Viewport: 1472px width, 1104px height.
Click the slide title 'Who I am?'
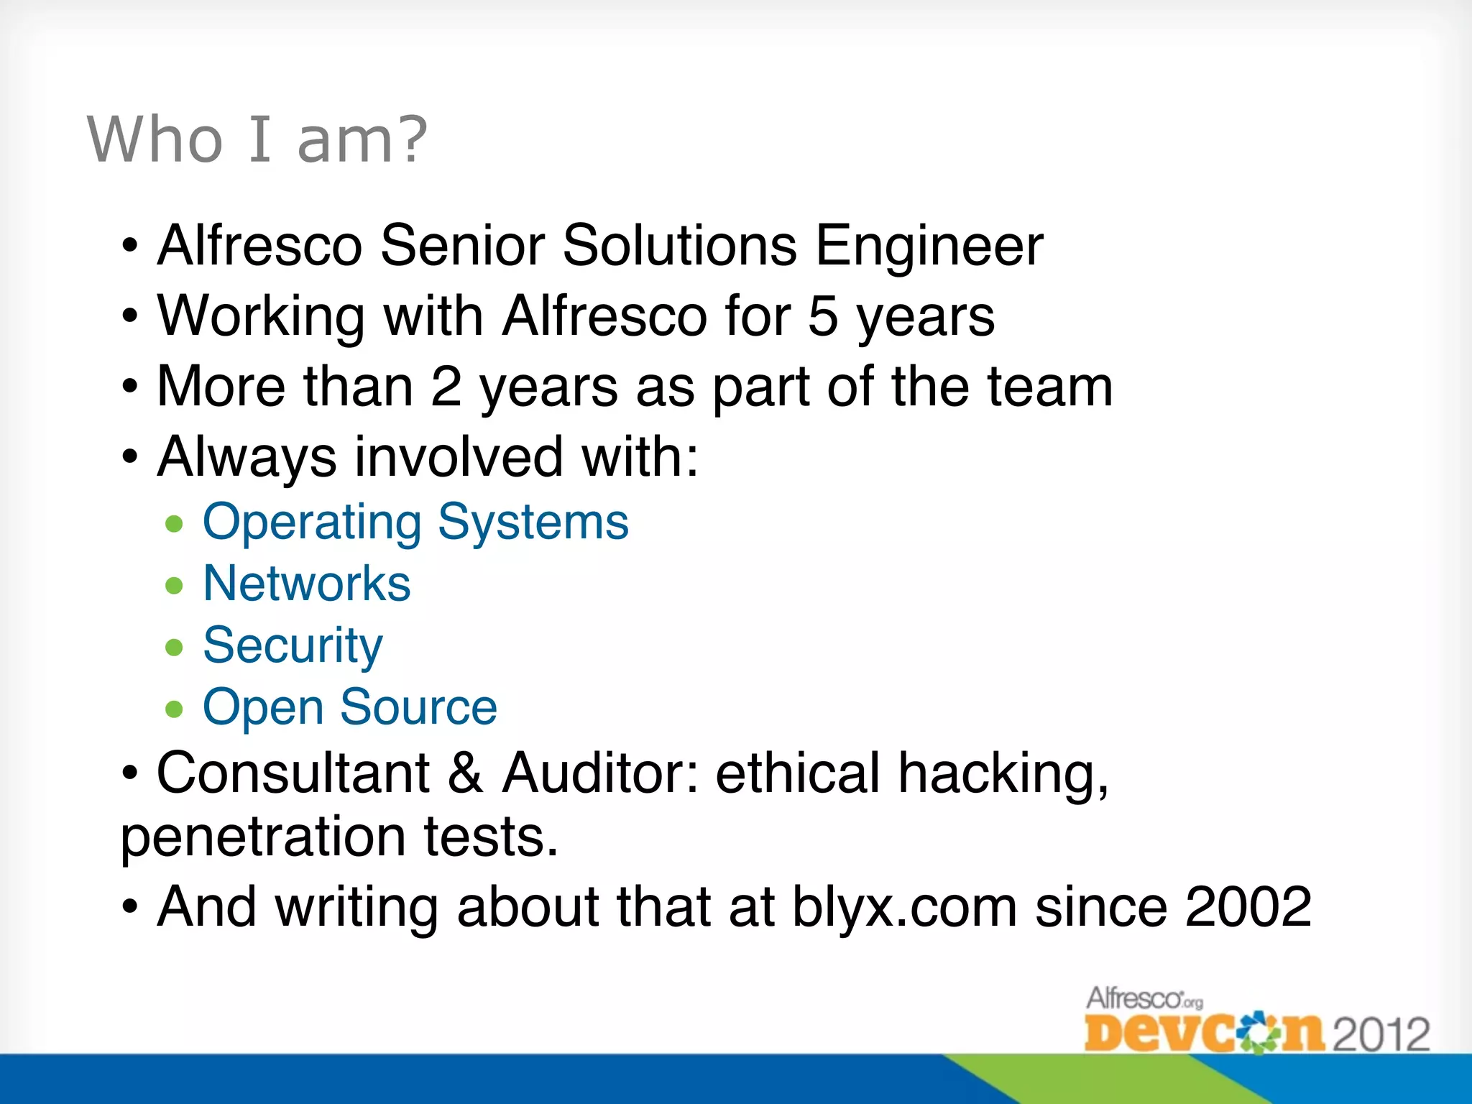[x=257, y=139]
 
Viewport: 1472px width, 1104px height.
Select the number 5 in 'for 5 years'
[x=823, y=316]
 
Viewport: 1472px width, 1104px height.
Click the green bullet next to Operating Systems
[x=174, y=524]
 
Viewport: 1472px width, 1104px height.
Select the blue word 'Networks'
[x=307, y=583]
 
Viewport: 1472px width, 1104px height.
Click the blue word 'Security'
[x=293, y=645]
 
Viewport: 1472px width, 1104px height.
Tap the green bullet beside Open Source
[x=174, y=709]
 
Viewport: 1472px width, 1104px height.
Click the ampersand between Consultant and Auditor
[x=465, y=773]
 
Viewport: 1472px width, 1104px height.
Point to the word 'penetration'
[x=263, y=838]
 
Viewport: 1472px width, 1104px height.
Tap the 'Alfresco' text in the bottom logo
[x=1134, y=998]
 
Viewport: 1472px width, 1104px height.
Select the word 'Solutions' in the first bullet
[x=679, y=246]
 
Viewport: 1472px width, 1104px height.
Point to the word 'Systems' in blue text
[x=533, y=523]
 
